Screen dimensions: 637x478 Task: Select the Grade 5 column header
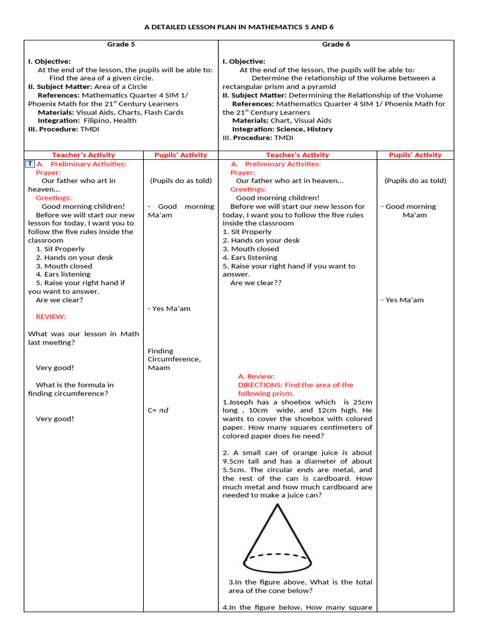[121, 44]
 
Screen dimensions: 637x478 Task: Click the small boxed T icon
[30, 164]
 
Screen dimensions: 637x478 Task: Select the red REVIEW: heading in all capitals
[51, 317]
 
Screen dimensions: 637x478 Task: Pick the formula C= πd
[158, 410]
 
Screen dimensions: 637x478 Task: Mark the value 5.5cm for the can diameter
[233, 470]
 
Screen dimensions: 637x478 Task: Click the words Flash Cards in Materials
[164, 113]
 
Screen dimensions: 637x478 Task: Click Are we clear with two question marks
[256, 282]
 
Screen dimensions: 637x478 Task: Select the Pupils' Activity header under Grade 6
[415, 155]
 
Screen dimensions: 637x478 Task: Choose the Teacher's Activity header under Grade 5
[83, 155]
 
